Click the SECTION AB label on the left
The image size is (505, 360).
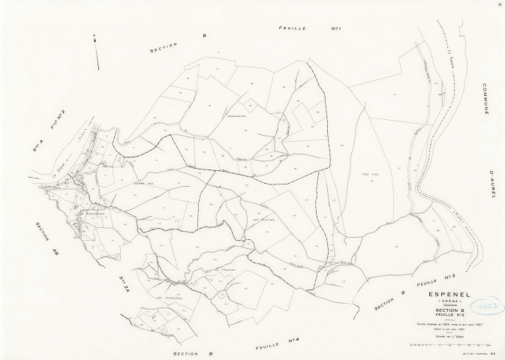pyautogui.click(x=43, y=239)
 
